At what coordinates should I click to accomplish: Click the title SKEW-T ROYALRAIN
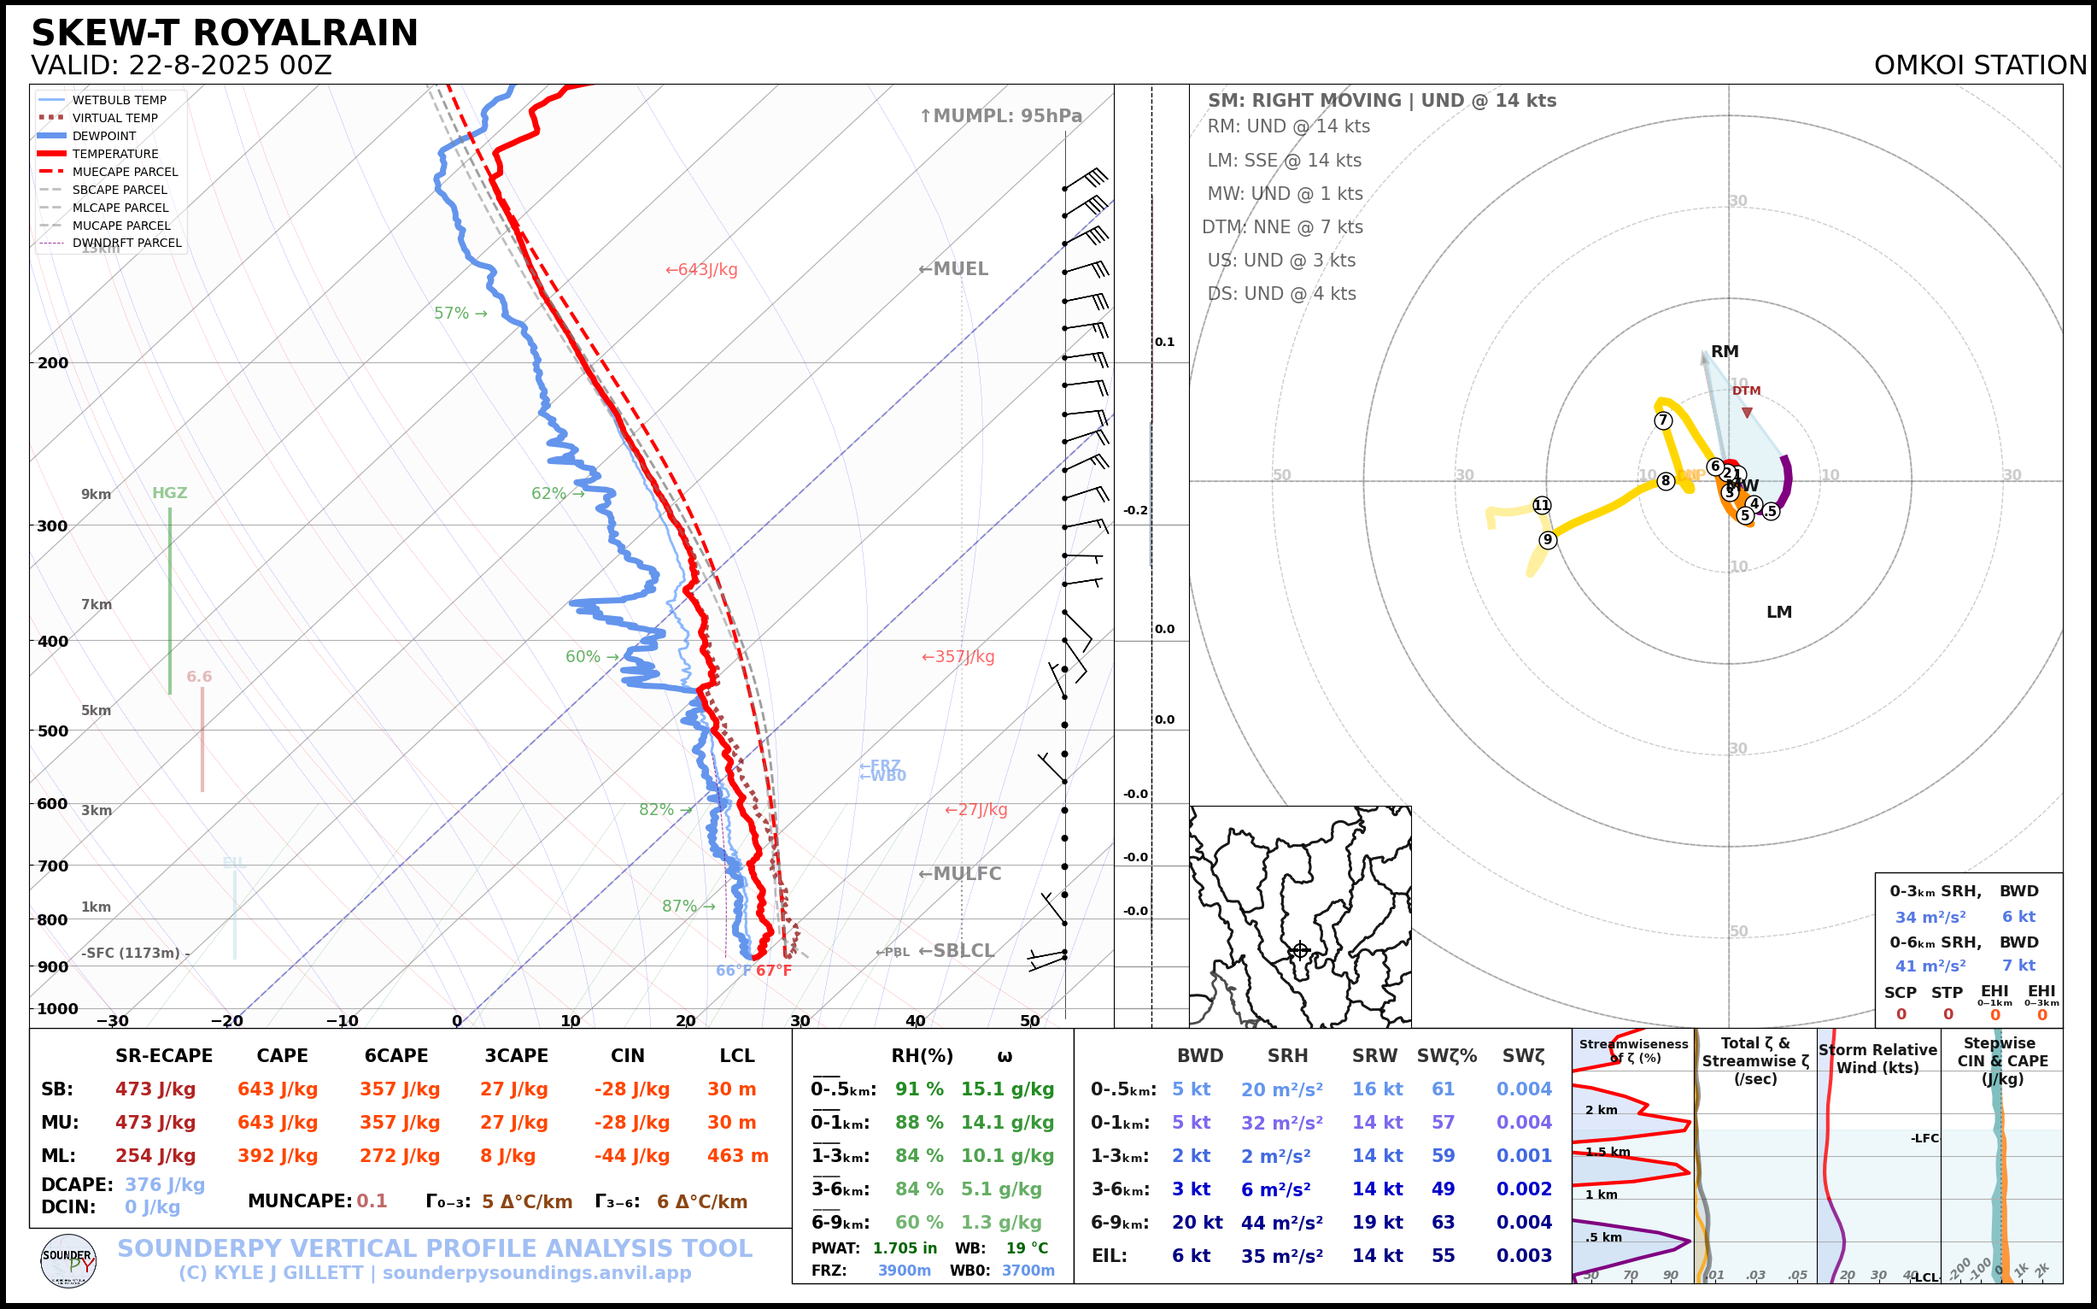click(x=224, y=33)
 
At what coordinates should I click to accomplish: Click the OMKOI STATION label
click(x=1980, y=66)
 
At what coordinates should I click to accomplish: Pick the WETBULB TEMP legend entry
click(x=119, y=101)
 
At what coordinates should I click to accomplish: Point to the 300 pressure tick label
click(x=53, y=525)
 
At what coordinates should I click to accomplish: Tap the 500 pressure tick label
click(x=53, y=731)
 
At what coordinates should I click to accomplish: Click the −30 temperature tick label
click(x=112, y=1021)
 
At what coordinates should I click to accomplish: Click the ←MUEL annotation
click(x=953, y=269)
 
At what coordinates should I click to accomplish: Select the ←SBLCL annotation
click(x=957, y=951)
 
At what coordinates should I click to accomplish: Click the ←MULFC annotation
click(x=960, y=874)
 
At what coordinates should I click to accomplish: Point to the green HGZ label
click(x=170, y=494)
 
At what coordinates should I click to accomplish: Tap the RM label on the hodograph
click(x=1724, y=351)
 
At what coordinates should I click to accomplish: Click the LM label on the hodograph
click(x=1778, y=612)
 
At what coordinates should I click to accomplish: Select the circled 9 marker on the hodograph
click(x=1548, y=540)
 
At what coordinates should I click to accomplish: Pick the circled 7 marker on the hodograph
click(x=1662, y=420)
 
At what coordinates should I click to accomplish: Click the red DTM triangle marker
click(x=1747, y=413)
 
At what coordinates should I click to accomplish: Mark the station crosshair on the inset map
click(x=1300, y=951)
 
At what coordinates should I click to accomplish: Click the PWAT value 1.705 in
click(x=905, y=1248)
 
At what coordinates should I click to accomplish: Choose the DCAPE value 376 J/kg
click(x=165, y=1184)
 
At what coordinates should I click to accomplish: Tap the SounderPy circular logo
click(x=68, y=1261)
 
